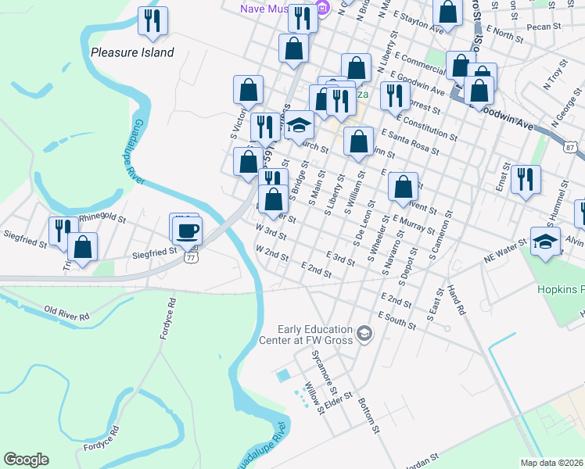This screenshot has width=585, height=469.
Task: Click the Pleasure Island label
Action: (132, 53)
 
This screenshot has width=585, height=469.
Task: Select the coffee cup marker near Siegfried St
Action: (187, 231)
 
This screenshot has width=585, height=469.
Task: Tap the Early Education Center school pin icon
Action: (364, 335)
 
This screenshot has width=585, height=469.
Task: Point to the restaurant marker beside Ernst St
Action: (526, 179)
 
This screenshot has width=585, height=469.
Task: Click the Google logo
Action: (26, 460)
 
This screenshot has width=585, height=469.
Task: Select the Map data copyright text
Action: (552, 463)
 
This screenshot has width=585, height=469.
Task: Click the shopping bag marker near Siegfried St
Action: (82, 246)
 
